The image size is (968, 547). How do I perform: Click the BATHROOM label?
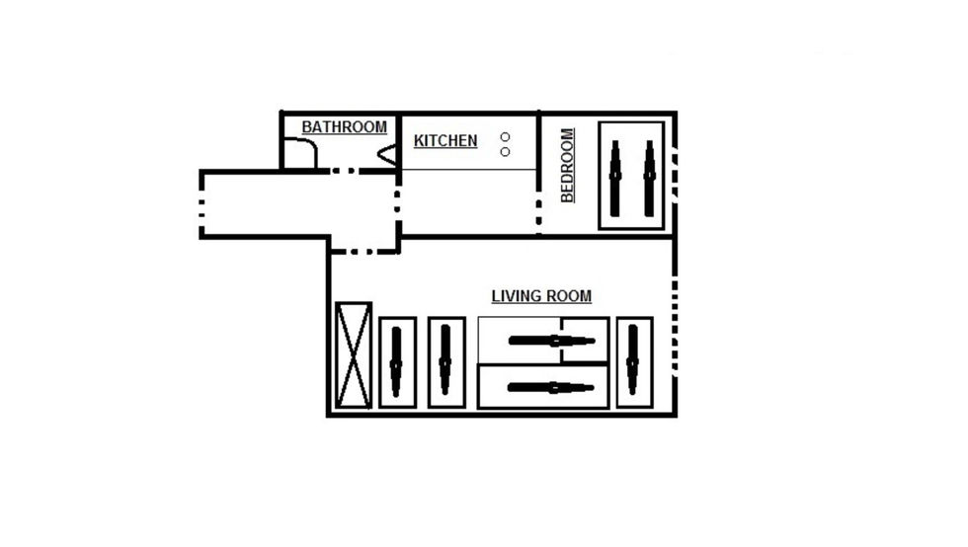344,127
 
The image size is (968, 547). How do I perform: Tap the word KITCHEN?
445,141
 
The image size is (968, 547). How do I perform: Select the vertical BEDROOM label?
567,165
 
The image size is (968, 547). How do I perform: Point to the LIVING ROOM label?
541,296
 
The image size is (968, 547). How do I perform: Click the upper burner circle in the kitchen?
505,136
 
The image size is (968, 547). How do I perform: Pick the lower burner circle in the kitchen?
505,152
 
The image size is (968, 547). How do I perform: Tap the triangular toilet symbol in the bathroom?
386,155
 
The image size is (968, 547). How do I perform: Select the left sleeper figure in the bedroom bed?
614,179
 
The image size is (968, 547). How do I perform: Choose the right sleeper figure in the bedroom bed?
649,179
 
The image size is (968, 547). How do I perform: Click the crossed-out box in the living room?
354,355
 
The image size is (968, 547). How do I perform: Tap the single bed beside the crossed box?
397,362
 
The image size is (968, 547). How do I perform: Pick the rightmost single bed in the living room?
634,362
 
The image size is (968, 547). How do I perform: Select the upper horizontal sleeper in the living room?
551,341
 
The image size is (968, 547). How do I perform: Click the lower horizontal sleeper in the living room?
551,388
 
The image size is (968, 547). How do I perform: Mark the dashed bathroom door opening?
344,171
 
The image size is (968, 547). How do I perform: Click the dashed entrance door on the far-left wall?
202,204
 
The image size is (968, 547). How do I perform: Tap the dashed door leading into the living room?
364,251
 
